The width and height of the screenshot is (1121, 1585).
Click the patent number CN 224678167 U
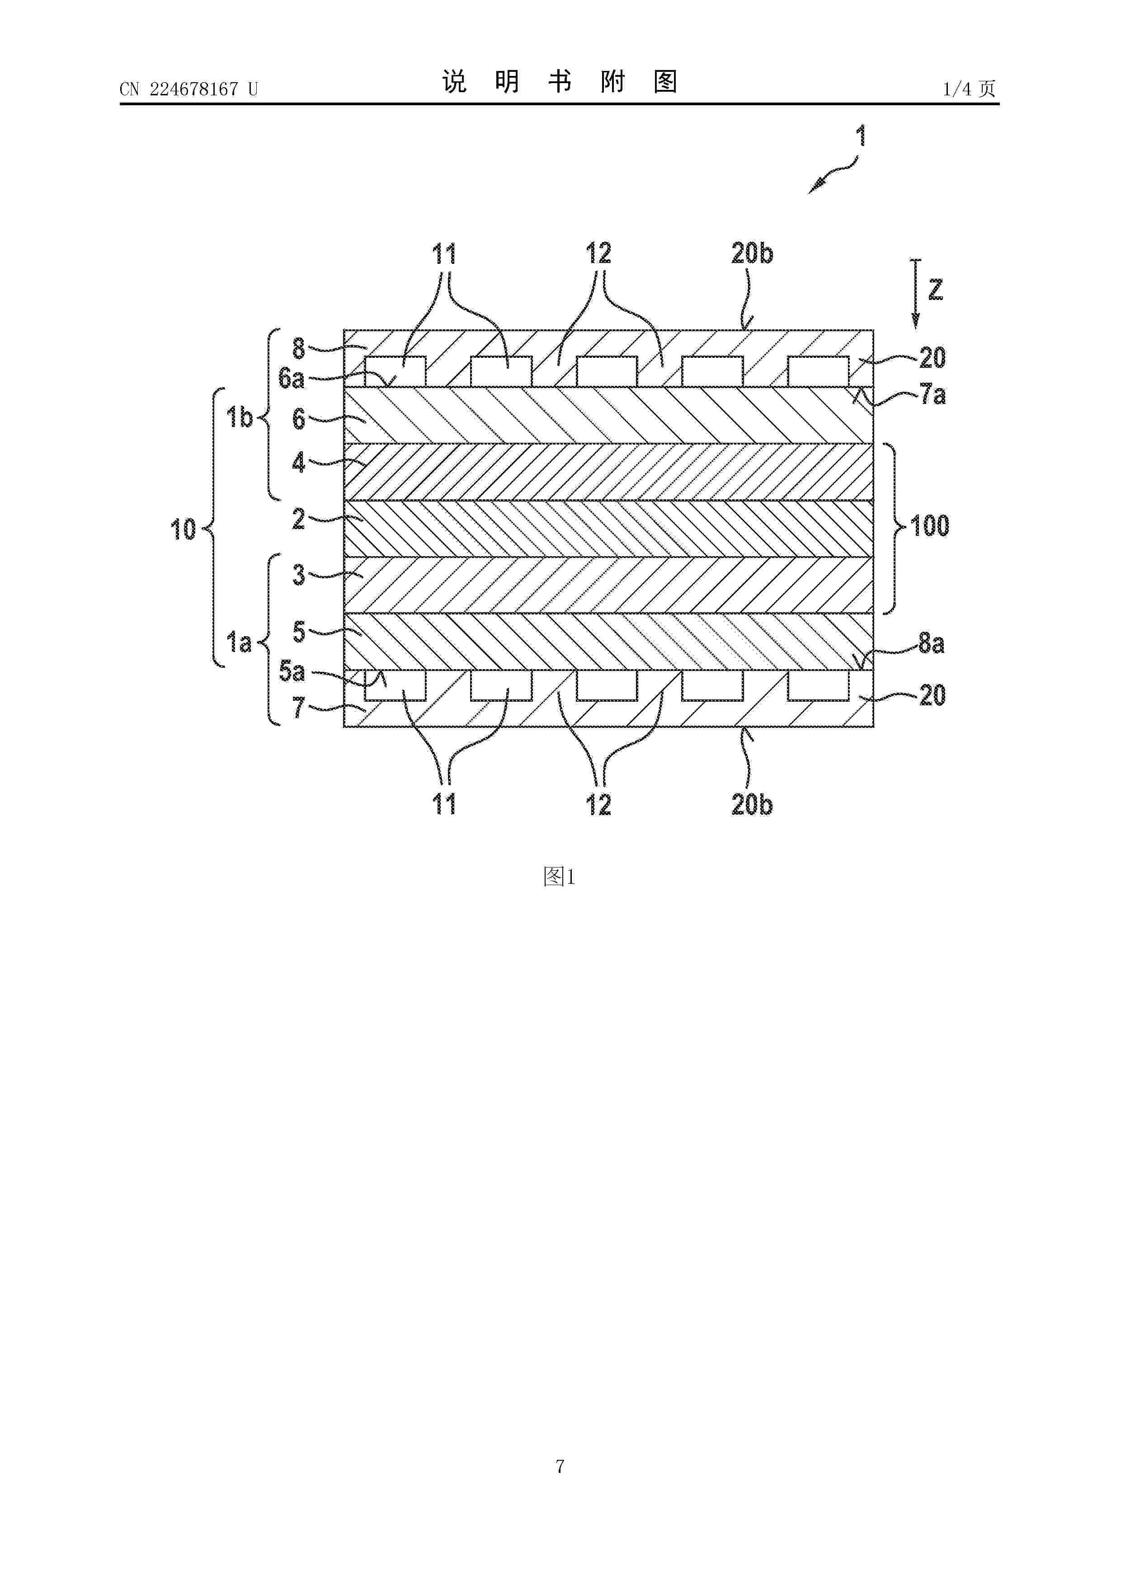(x=188, y=89)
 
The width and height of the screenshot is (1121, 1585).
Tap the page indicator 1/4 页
(x=969, y=89)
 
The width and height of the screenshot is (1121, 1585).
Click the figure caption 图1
(x=560, y=877)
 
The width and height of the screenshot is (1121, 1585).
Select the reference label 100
(x=930, y=526)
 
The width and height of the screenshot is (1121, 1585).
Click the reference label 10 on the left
(x=184, y=530)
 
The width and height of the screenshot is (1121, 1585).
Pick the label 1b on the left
(x=240, y=417)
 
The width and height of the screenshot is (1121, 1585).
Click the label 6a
(x=292, y=378)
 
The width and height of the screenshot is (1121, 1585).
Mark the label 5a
(x=292, y=671)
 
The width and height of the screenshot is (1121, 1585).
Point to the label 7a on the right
(x=933, y=395)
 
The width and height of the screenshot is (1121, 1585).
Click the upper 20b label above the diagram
(x=752, y=254)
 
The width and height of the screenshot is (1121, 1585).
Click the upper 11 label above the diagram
(x=444, y=254)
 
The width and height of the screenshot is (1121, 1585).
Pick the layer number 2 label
(x=298, y=518)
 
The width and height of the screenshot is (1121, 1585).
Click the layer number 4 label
(x=298, y=462)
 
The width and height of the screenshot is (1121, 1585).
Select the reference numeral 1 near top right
(x=861, y=135)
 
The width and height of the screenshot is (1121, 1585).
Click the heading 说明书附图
(x=560, y=82)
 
